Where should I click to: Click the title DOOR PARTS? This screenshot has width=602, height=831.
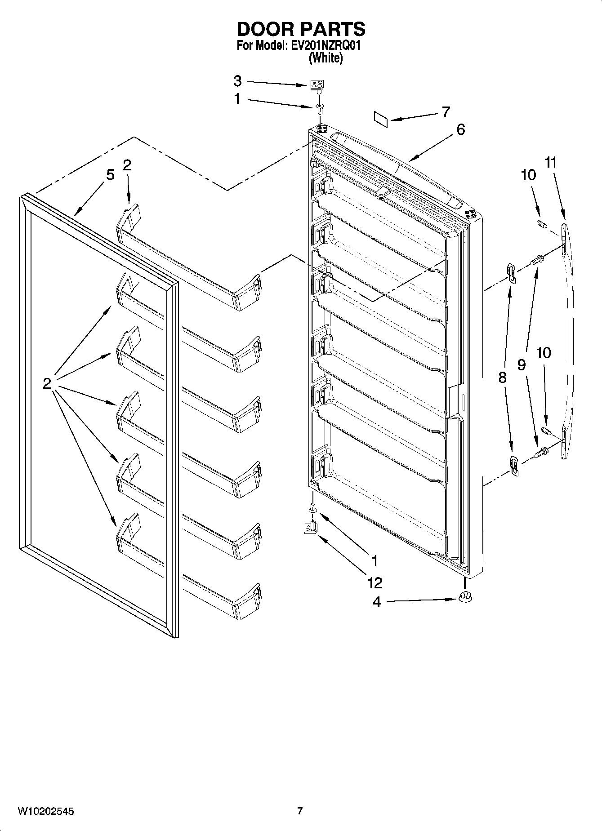pyautogui.click(x=301, y=29)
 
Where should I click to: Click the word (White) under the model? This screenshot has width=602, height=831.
pyautogui.click(x=326, y=58)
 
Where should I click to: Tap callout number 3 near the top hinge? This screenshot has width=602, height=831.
pyautogui.click(x=237, y=81)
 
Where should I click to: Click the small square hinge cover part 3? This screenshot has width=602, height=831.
pyautogui.click(x=318, y=85)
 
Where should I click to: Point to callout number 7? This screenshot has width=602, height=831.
pyautogui.click(x=446, y=112)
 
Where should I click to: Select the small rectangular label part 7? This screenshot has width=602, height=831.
pyautogui.click(x=380, y=118)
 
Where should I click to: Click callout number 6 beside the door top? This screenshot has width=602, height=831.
pyautogui.click(x=460, y=130)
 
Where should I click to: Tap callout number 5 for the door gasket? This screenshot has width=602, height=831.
pyautogui.click(x=110, y=174)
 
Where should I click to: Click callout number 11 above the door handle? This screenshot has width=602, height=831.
pyautogui.click(x=550, y=163)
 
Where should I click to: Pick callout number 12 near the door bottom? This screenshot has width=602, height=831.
pyautogui.click(x=375, y=583)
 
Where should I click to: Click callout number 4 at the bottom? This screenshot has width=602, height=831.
pyautogui.click(x=377, y=602)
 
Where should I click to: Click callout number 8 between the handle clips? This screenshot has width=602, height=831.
pyautogui.click(x=502, y=378)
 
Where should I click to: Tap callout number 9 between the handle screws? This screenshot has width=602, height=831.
pyautogui.click(x=521, y=365)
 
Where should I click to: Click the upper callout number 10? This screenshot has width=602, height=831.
pyautogui.click(x=528, y=175)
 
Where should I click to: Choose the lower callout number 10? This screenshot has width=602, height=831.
pyautogui.click(x=544, y=353)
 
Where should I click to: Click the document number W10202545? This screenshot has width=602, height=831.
pyautogui.click(x=46, y=812)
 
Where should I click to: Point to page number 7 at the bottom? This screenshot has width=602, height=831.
pyautogui.click(x=300, y=811)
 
